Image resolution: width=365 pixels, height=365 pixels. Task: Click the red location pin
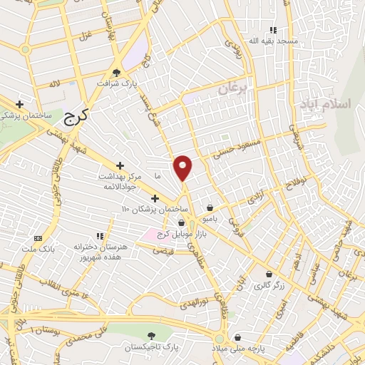click(x=183, y=168)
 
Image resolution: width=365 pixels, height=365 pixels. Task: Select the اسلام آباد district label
click(x=331, y=103)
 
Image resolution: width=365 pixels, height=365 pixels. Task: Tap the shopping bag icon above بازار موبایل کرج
click(x=181, y=223)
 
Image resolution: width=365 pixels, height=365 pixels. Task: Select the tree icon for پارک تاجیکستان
click(x=150, y=334)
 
